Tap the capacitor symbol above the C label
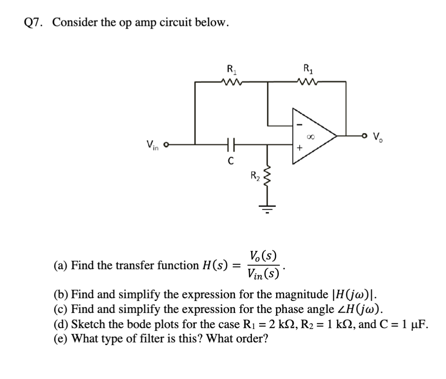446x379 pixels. pyautogui.click(x=229, y=144)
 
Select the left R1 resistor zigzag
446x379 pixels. pyautogui.click(x=231, y=82)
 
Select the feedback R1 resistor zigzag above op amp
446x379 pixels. pyautogui.click(x=308, y=82)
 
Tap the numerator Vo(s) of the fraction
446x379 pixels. pyautogui.click(x=265, y=257)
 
